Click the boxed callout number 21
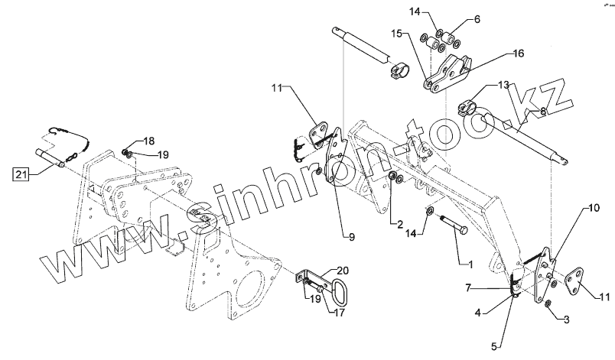coord(21,175)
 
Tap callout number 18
coord(148,141)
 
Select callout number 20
coord(341,271)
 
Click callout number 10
coord(594,208)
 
